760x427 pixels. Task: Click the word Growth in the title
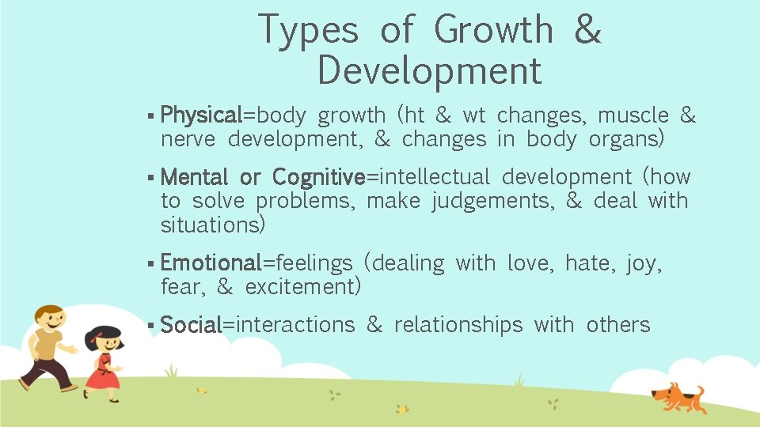tap(494, 30)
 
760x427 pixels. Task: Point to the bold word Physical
tap(201, 116)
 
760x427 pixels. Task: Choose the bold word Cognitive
tap(318, 177)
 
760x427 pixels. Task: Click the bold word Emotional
tap(211, 263)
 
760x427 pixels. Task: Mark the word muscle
tap(633, 116)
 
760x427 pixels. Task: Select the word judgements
tap(493, 202)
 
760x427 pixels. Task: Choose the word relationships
tap(458, 325)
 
